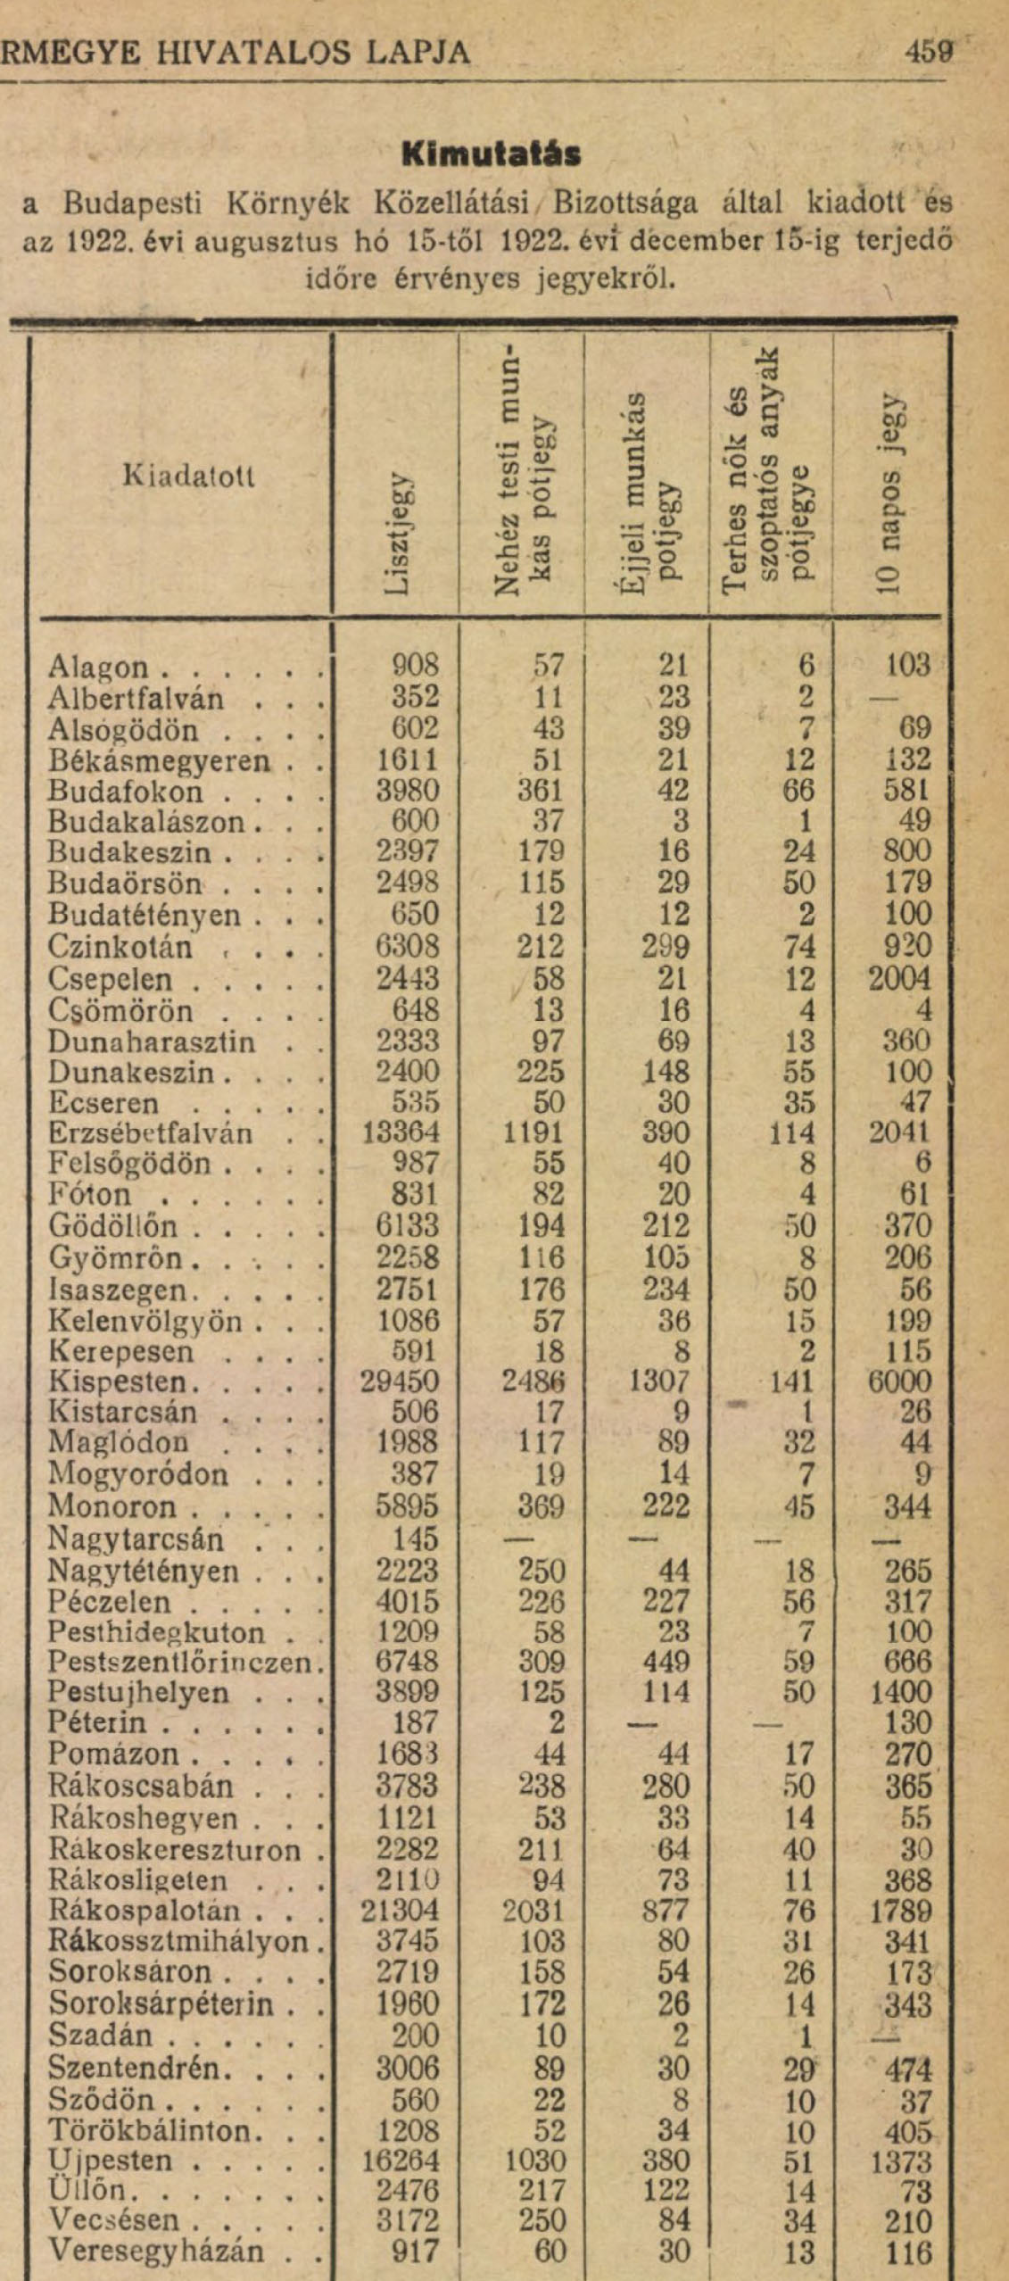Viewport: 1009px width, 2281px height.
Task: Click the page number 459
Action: click(x=929, y=52)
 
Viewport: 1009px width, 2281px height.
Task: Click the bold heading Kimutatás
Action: click(x=491, y=154)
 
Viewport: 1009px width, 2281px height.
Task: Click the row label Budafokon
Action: click(x=125, y=792)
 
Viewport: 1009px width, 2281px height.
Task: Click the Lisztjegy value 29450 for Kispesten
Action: click(x=400, y=1382)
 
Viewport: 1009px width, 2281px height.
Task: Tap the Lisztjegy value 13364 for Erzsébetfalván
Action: click(x=401, y=1133)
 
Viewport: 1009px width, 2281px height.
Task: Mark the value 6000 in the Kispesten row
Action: click(x=899, y=1382)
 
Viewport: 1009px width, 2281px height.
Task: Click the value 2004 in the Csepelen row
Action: click(x=899, y=979)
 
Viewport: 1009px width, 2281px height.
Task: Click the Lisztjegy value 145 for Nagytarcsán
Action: click(x=415, y=1539)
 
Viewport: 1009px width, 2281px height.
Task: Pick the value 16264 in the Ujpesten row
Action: click(x=400, y=2161)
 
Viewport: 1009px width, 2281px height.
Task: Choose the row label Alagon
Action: click(x=98, y=668)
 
